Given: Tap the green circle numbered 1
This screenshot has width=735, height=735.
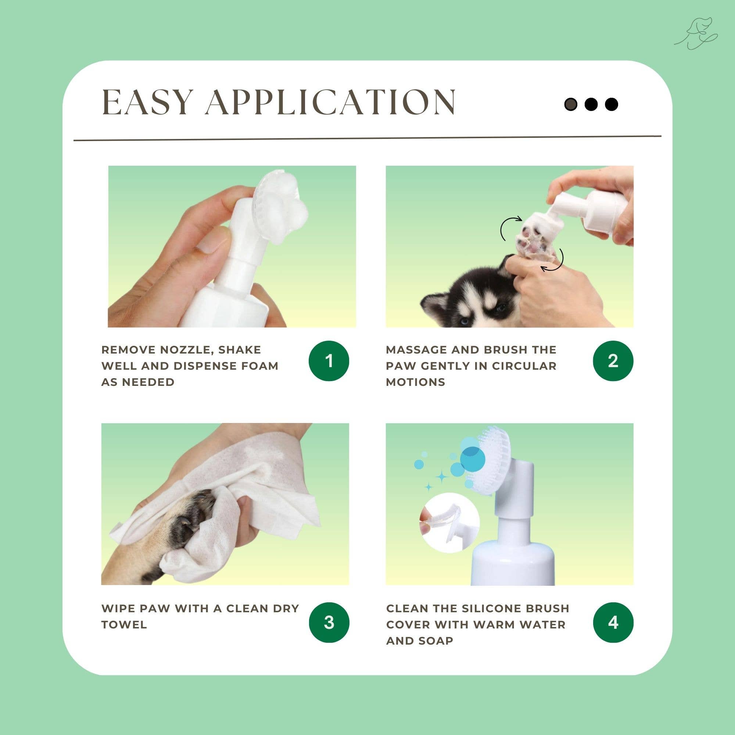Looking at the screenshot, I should click(329, 361).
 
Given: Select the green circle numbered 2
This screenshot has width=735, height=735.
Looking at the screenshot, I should click(613, 361).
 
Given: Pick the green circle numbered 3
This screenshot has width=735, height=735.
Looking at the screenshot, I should click(329, 623).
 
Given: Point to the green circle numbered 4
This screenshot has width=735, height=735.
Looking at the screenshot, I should click(613, 623).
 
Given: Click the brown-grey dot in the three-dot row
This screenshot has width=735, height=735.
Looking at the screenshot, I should click(571, 104).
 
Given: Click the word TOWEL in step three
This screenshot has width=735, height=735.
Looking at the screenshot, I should click(124, 624).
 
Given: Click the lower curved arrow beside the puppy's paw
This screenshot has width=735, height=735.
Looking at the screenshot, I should click(555, 262).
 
